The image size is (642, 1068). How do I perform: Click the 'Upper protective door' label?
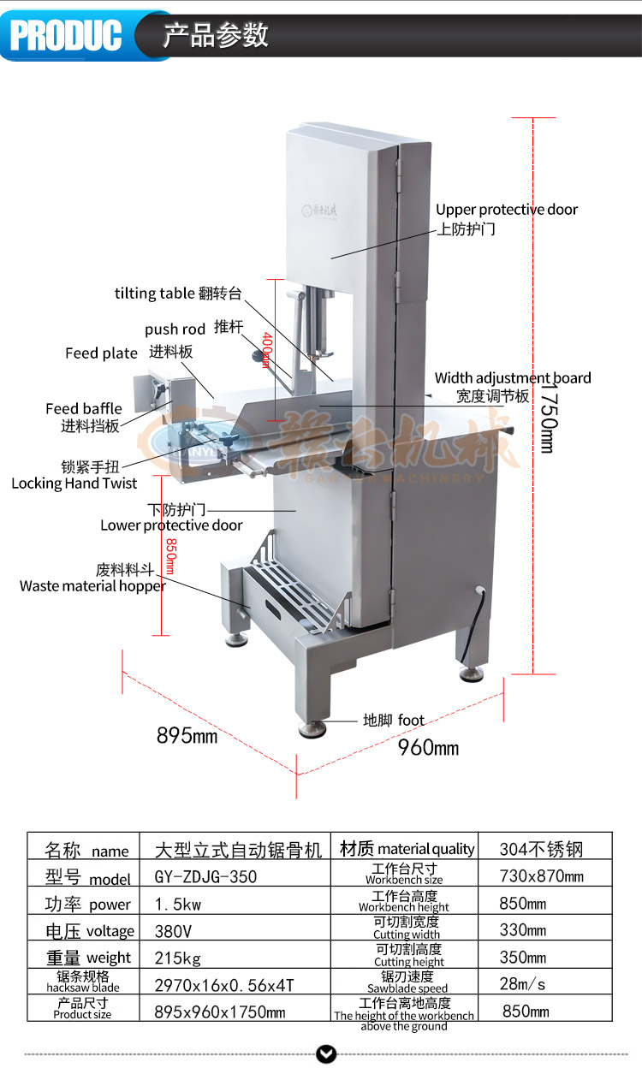coord(507,210)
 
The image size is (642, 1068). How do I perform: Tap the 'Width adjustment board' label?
coord(512,378)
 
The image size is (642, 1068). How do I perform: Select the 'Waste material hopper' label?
coord(92,586)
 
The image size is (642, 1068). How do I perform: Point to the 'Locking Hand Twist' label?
coord(74,484)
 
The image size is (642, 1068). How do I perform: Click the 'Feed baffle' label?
coord(84,409)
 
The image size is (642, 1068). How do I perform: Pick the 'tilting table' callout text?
coord(154,294)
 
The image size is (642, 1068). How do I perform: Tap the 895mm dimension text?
coord(187,735)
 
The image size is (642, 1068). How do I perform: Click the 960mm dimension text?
coord(428,748)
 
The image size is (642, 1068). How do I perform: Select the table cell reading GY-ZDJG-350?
coord(206,877)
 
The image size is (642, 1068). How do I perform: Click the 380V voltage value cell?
coord(174,931)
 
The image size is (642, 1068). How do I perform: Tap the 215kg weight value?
coord(177,958)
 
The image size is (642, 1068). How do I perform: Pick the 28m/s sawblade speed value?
coord(523,984)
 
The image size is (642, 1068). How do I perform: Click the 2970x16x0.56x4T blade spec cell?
coord(224,985)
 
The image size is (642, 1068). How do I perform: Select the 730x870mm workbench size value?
coord(541,876)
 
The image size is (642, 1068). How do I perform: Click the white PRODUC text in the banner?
coord(65,35)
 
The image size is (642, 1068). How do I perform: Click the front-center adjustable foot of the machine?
coord(311,729)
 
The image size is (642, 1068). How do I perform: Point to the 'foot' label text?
coord(411,721)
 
